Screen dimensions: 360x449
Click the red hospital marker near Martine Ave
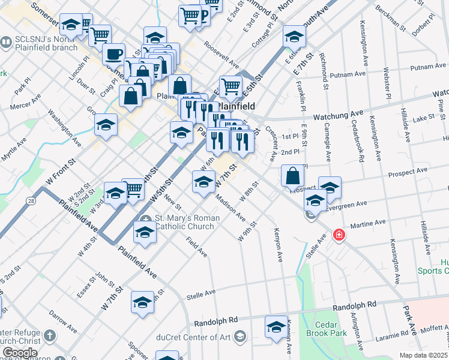(339, 235)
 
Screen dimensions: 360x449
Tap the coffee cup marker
(113, 55)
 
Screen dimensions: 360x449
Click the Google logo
(20, 353)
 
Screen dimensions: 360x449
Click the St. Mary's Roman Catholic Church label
(184, 221)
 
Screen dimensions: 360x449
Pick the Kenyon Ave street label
(278, 244)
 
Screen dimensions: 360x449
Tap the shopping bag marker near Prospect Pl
(292, 176)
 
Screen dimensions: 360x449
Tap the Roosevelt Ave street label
(221, 52)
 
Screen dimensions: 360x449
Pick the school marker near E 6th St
(294, 37)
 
